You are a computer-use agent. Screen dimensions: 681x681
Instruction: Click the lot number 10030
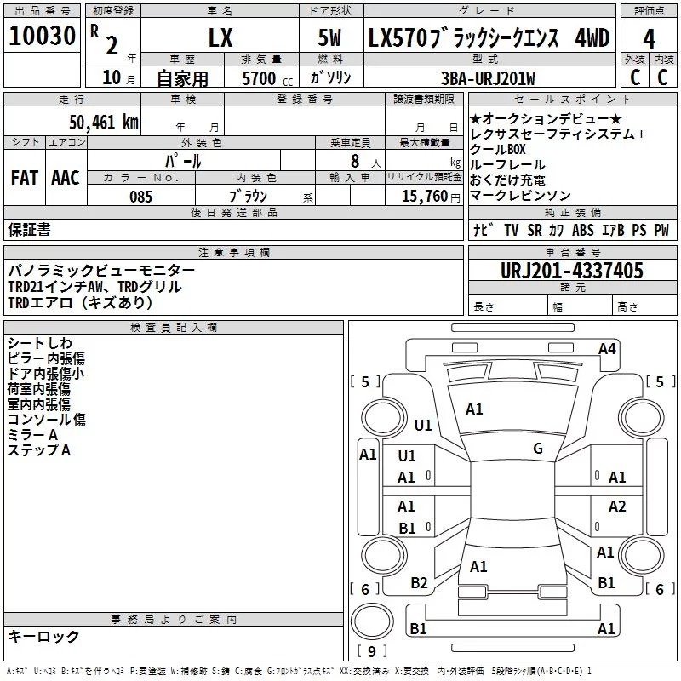[x=42, y=36]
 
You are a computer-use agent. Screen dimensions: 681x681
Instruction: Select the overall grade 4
[x=649, y=39]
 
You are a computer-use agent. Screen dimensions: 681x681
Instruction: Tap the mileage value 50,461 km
[x=104, y=123]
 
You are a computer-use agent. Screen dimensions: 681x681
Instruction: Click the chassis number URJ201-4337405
[x=572, y=271]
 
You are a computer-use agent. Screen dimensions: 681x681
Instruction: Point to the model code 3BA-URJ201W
[x=488, y=78]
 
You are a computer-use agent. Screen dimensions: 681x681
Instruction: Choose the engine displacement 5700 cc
[x=267, y=78]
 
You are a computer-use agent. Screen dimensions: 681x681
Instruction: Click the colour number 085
[x=141, y=197]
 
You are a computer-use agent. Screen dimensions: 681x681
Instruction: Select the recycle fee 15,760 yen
[x=431, y=197]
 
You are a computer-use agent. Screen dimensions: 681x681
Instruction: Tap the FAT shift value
[x=25, y=178]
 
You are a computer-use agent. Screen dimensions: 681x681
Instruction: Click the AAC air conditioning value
[x=66, y=178]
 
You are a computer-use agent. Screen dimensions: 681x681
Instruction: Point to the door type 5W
[x=329, y=37]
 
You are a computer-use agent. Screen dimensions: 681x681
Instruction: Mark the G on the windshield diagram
[x=538, y=449]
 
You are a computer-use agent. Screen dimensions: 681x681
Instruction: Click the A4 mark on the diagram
[x=607, y=349]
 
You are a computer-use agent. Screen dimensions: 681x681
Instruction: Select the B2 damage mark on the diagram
[x=419, y=583]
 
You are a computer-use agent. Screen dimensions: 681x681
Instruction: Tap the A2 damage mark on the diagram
[x=617, y=506]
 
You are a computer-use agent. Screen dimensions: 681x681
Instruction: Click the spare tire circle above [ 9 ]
[x=372, y=621]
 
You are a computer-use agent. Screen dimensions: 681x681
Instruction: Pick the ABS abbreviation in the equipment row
[x=583, y=230]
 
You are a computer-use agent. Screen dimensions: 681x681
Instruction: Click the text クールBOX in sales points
[x=498, y=150]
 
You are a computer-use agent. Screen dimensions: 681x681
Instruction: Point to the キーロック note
[x=43, y=637]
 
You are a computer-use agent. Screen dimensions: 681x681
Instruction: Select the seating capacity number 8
[x=355, y=162]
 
